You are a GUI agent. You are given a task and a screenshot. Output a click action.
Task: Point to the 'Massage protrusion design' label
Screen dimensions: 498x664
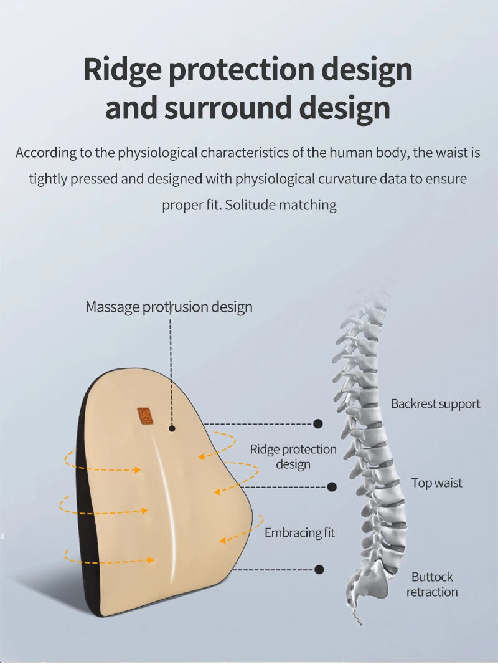(169, 307)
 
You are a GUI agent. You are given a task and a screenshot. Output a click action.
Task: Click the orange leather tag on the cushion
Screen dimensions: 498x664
(144, 415)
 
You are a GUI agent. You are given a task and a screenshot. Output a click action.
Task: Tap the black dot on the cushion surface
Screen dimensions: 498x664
(172, 428)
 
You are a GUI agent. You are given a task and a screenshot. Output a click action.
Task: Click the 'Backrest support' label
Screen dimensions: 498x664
(435, 403)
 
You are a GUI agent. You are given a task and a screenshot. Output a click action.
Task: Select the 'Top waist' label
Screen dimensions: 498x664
(437, 483)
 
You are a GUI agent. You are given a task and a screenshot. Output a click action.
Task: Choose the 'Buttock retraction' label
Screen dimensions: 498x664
(432, 584)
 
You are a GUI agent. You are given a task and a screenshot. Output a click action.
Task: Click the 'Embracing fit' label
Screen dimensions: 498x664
(299, 532)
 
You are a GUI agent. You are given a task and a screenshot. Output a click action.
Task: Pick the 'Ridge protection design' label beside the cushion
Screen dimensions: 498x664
(293, 456)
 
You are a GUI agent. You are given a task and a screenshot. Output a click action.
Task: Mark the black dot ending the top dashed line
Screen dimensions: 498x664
(318, 423)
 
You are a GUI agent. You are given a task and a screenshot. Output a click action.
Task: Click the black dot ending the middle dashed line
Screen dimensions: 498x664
(332, 487)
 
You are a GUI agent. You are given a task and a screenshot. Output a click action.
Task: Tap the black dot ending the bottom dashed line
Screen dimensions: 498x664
(319, 570)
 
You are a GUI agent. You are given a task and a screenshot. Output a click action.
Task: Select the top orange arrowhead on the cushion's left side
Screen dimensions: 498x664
(138, 469)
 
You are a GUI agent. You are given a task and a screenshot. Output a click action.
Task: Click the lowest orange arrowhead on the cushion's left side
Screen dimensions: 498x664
(151, 560)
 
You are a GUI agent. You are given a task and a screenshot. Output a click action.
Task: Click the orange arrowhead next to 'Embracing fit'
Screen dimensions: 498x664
(223, 541)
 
